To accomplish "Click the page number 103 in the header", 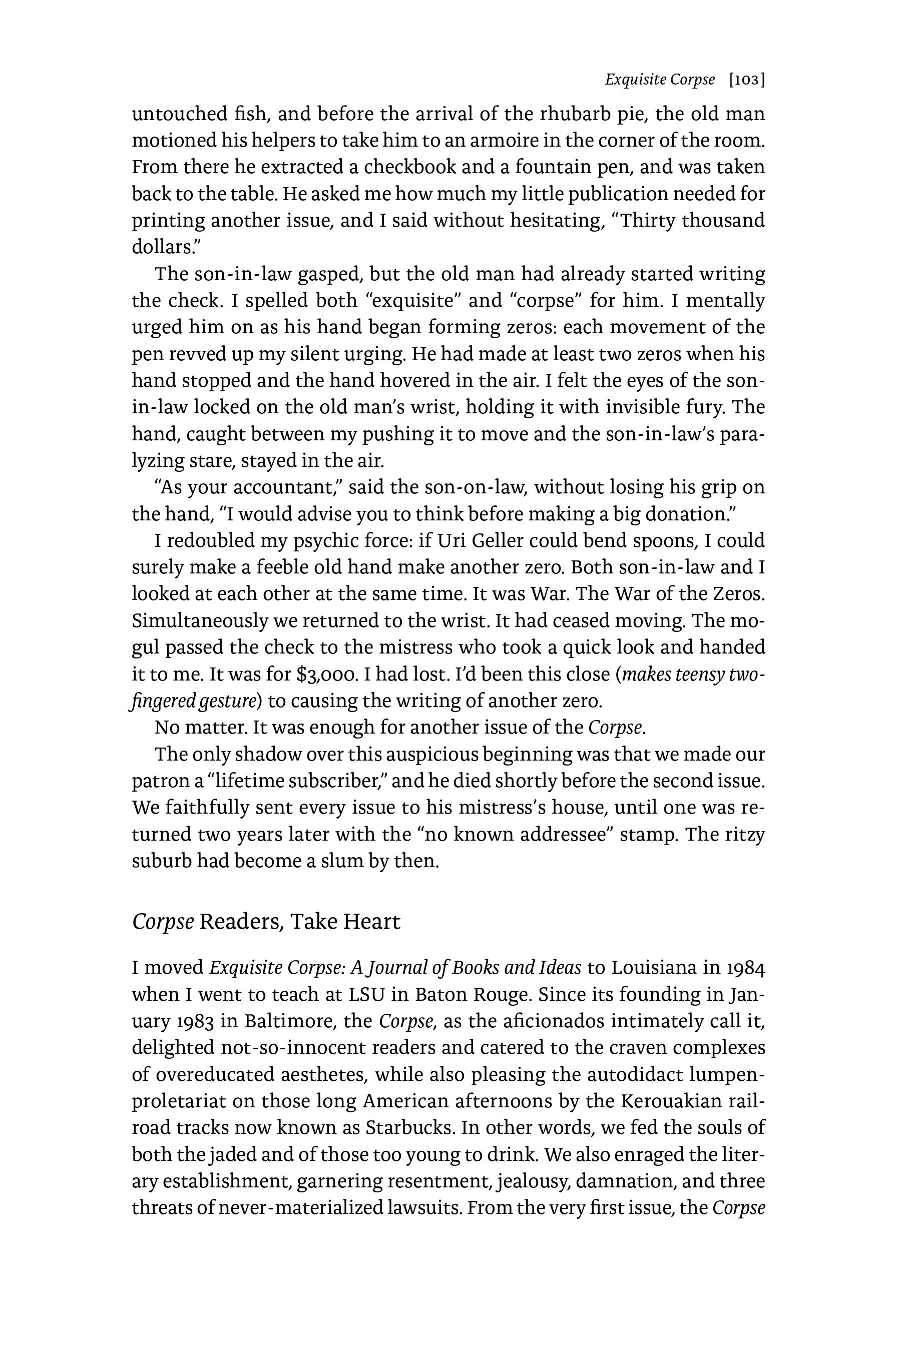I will click(x=746, y=81).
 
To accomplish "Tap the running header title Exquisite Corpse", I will click(x=660, y=80).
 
